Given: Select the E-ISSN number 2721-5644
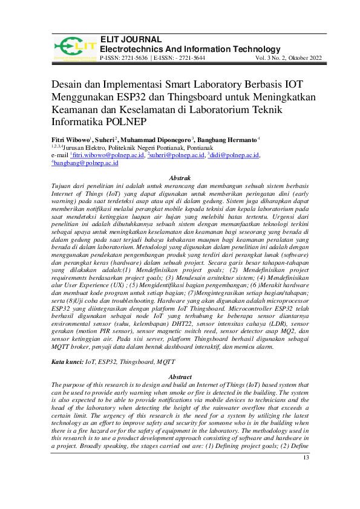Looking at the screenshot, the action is click(189, 58).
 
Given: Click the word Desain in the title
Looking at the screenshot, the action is click(69, 86).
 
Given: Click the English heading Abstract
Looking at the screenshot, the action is click(180, 377).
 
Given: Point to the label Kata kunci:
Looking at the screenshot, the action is click(67, 361).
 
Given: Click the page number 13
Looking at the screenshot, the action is click(305, 475).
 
